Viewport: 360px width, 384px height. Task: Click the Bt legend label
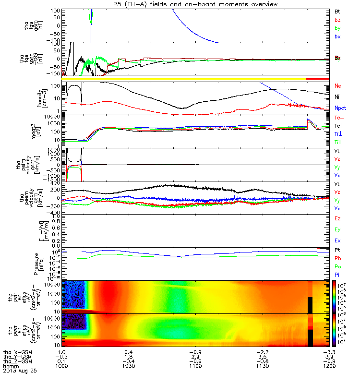coord(337,11)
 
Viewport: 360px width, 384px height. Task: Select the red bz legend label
coord(337,20)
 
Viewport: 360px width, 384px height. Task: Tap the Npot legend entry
coord(340,109)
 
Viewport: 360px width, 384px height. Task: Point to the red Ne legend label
coord(338,85)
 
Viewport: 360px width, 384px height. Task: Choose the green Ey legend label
coord(338,229)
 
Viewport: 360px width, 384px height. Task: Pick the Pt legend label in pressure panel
coord(337,251)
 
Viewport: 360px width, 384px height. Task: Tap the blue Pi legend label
coord(337,275)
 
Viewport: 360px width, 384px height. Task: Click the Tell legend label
coord(339,126)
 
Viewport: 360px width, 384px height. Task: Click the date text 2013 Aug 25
coord(20,371)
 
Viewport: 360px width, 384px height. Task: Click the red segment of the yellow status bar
coord(317,78)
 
